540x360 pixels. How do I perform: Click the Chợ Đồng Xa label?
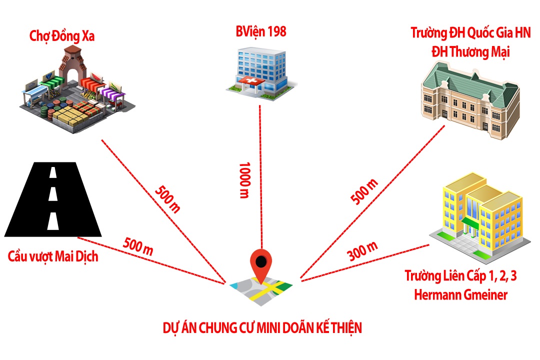(62, 36)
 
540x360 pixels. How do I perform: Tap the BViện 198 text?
(261, 31)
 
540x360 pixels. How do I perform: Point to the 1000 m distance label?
(244, 180)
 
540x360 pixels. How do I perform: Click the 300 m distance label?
(362, 251)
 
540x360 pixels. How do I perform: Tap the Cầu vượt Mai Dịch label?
(53, 256)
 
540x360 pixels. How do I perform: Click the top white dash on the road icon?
(53, 172)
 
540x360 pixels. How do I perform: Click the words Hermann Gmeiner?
(461, 295)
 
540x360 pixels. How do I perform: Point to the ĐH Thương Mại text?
(470, 52)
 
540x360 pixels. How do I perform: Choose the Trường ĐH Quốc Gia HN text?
(470, 33)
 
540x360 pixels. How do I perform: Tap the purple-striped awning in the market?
(113, 93)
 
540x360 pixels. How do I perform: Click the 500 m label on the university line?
(364, 191)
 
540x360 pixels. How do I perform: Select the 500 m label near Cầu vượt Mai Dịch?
(138, 246)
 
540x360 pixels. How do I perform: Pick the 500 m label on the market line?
(167, 199)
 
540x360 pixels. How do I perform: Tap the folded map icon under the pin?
(261, 291)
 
